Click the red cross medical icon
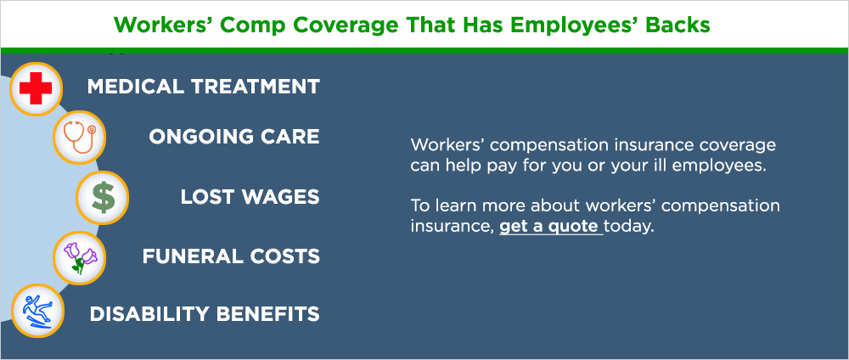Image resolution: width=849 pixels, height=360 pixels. (36, 87)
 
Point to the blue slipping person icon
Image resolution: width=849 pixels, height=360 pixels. (36, 312)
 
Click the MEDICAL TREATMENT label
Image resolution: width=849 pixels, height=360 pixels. (204, 87)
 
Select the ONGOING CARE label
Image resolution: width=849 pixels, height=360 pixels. (234, 137)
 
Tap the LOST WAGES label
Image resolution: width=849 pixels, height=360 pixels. (250, 197)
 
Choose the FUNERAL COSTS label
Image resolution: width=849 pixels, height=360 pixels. (231, 256)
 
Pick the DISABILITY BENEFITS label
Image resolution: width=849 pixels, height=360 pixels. (205, 314)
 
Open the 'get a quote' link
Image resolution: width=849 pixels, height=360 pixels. (550, 228)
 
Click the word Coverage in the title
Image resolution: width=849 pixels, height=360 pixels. (344, 25)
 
